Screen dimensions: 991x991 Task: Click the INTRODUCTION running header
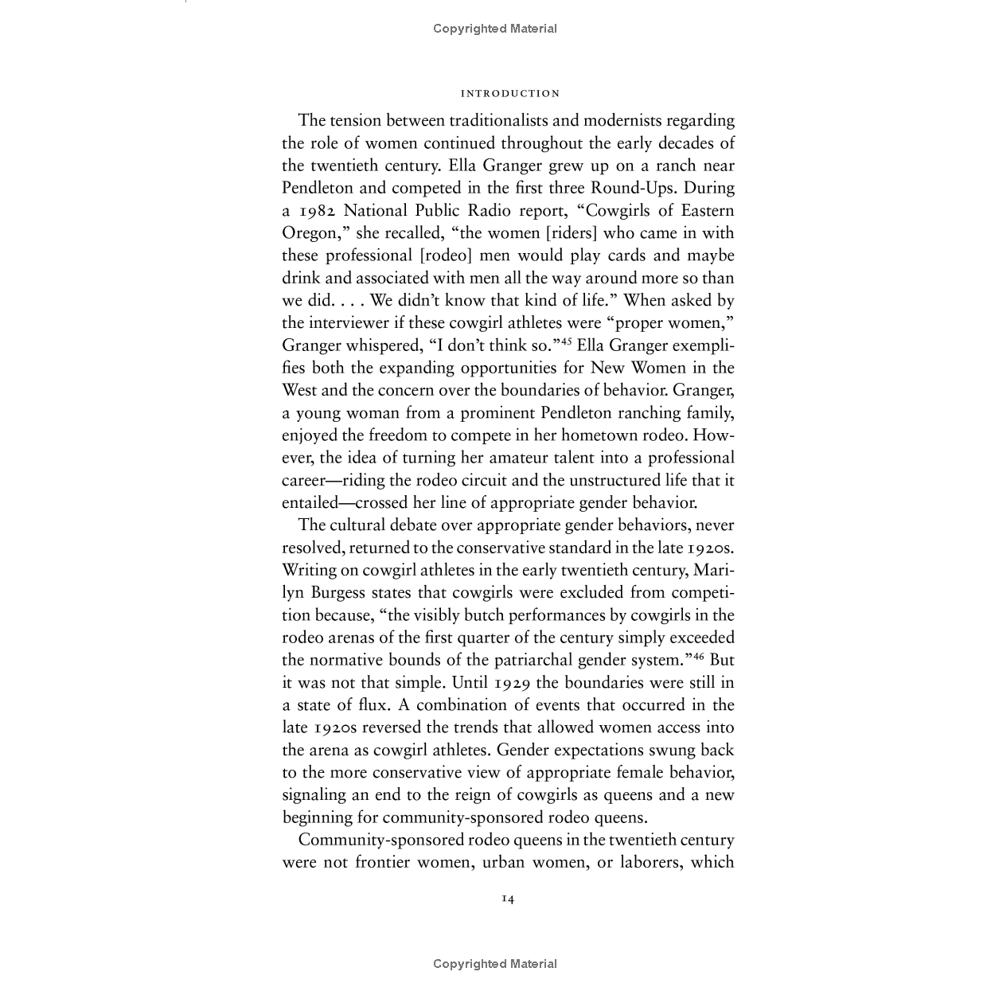tap(510, 94)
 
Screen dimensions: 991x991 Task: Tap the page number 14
tap(508, 899)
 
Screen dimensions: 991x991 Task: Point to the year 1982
tap(322, 211)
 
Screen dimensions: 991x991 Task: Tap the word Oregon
tap(308, 233)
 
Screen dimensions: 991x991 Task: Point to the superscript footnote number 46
tap(698, 656)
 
